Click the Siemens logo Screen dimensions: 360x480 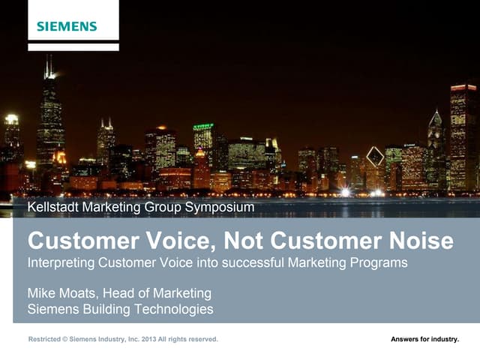coord(67,26)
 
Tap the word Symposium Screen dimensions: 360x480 coord(220,205)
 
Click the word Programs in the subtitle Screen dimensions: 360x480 coord(379,263)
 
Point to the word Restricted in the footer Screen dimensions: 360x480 coord(46,340)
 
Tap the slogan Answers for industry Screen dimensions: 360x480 coord(424,340)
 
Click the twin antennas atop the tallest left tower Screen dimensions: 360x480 coord(49,67)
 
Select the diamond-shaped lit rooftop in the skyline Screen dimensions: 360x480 coord(374,157)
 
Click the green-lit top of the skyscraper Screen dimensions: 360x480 coord(203,127)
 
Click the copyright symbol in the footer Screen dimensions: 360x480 coord(66,340)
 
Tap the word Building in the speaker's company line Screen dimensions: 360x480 coord(103,309)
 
